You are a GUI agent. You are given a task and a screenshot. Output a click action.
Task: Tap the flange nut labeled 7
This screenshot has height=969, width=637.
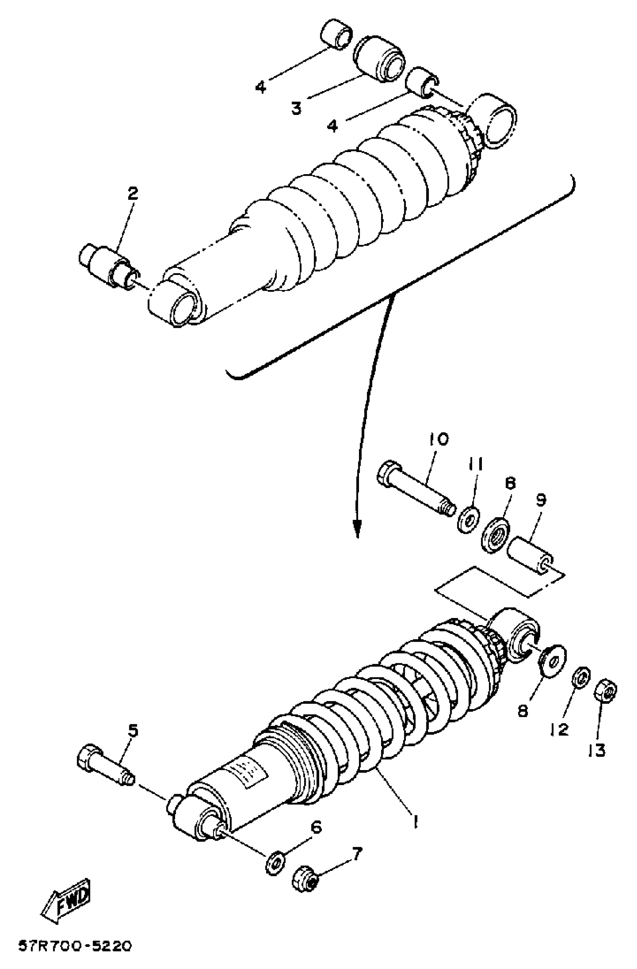tap(305, 880)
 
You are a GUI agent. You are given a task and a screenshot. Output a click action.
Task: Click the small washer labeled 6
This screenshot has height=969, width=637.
tap(275, 863)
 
